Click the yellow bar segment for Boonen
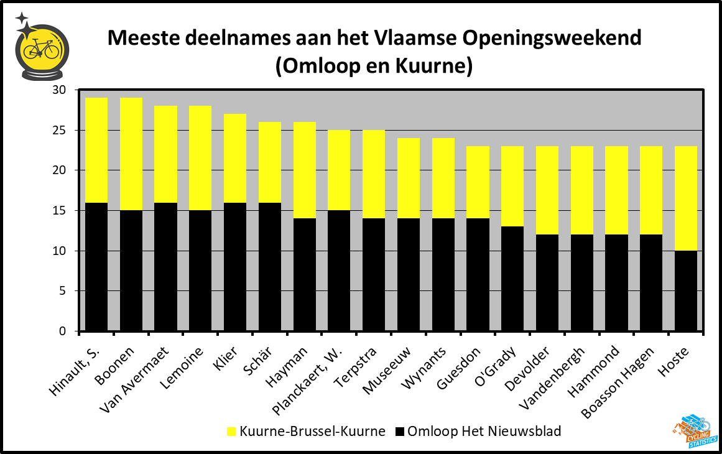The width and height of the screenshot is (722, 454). pyautogui.click(x=131, y=154)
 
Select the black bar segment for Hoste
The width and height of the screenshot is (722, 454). pyautogui.click(x=686, y=290)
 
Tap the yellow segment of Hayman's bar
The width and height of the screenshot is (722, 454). pyautogui.click(x=304, y=170)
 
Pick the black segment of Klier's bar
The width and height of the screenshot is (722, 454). pyautogui.click(x=235, y=266)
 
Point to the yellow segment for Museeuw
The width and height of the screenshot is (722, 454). pyautogui.click(x=409, y=178)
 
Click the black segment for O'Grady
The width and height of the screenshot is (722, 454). pyautogui.click(x=512, y=278)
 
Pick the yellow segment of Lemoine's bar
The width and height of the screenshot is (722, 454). pyautogui.click(x=200, y=159)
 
